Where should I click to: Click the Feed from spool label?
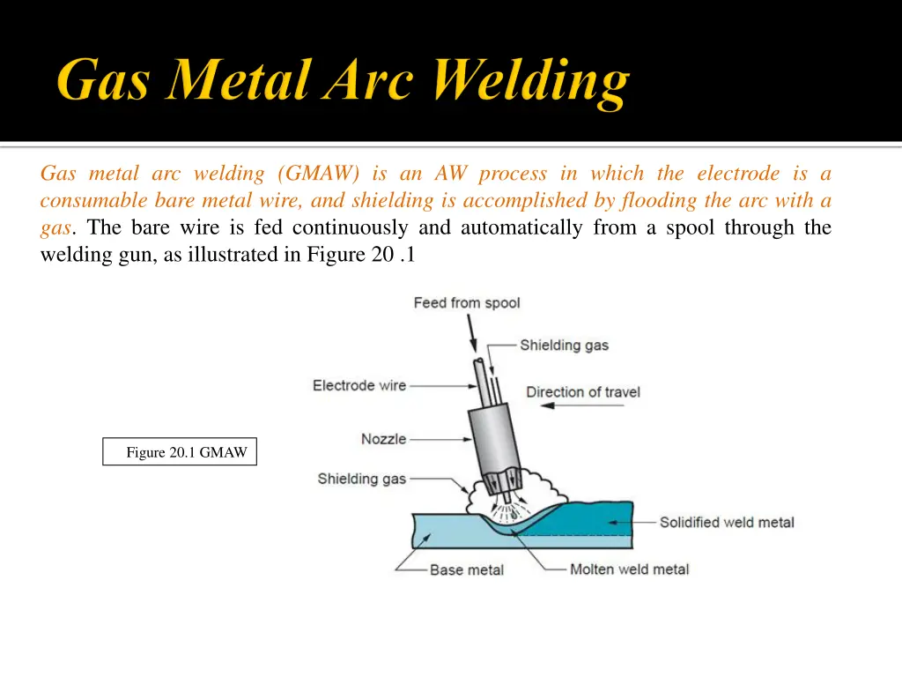467,303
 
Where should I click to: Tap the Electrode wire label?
359,385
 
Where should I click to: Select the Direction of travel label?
583,391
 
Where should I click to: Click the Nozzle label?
383,439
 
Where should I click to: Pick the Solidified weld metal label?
727,522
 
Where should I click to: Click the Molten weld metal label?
629,569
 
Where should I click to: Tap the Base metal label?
467,569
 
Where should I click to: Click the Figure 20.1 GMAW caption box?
180,452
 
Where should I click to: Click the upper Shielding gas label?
564,345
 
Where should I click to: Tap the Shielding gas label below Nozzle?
362,479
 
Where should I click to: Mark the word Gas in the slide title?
107,82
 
